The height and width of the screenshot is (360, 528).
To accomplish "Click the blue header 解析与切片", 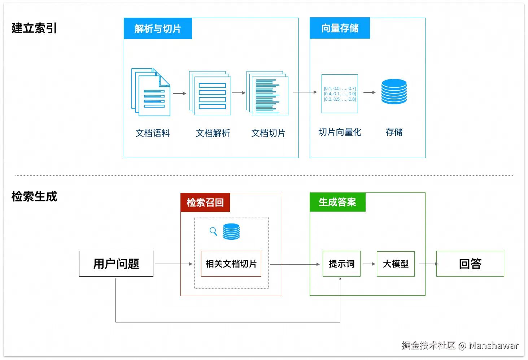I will [158, 29].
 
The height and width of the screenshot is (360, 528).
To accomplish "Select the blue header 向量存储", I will [340, 28].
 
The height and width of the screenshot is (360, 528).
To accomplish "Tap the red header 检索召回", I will [205, 203].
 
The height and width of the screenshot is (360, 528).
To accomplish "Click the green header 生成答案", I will [337, 202].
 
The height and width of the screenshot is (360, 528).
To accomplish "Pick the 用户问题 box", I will [116, 264].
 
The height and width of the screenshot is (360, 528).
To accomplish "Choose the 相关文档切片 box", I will [231, 264].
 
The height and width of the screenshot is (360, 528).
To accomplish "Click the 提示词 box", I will [341, 264].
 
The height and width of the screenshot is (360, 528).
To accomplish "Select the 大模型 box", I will [396, 264].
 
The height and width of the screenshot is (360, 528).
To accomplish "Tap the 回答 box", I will [470, 264].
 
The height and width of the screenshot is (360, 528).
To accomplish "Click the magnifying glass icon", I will [213, 231].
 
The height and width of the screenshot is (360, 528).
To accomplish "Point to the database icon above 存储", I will [394, 92].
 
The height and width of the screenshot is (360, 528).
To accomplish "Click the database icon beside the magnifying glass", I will [231, 231].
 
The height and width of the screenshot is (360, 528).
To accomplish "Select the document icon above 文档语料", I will [151, 92].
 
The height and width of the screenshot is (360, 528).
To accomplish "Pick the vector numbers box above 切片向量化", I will [340, 94].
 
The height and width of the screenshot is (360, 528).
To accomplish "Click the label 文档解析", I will [213, 133].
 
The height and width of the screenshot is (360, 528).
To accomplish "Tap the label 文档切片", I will [268, 133].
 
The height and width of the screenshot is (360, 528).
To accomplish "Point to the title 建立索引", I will [34, 28].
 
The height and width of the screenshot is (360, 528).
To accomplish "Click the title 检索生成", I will [34, 196].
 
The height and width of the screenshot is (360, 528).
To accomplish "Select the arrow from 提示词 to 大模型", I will [368, 264].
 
